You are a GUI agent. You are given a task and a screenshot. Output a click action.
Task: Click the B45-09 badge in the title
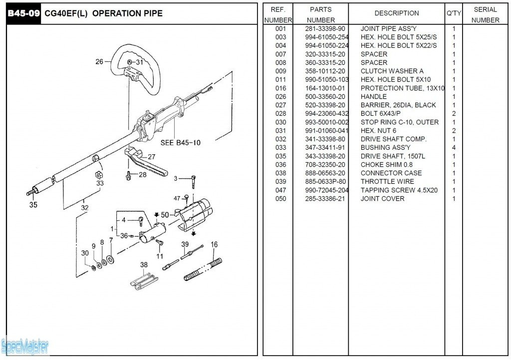click(x=23, y=13)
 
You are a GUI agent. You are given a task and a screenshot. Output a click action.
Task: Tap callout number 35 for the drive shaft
click(x=33, y=204)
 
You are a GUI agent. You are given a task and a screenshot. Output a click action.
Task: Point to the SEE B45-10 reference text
click(x=181, y=143)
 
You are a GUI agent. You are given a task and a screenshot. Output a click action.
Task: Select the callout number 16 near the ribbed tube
click(x=214, y=245)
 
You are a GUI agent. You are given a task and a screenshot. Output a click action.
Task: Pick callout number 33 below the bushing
click(x=100, y=183)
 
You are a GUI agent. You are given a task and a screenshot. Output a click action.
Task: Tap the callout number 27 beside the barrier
click(x=152, y=157)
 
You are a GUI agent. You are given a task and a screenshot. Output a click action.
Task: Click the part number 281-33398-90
click(x=325, y=29)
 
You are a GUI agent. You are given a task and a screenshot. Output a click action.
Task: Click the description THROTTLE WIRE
click(x=387, y=182)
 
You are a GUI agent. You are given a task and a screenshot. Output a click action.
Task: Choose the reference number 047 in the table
click(x=280, y=190)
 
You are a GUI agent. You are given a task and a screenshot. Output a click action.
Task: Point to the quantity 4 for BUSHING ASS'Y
click(x=454, y=148)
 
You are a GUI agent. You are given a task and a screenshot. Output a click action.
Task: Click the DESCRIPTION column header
click(x=397, y=13)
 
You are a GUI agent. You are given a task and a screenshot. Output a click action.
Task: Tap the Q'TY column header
click(x=454, y=13)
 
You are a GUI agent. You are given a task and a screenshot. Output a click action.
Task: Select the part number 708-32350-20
click(x=325, y=165)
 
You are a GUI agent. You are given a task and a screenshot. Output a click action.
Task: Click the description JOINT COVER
click(x=383, y=199)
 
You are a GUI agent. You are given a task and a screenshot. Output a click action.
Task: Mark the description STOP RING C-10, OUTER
click(x=399, y=122)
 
